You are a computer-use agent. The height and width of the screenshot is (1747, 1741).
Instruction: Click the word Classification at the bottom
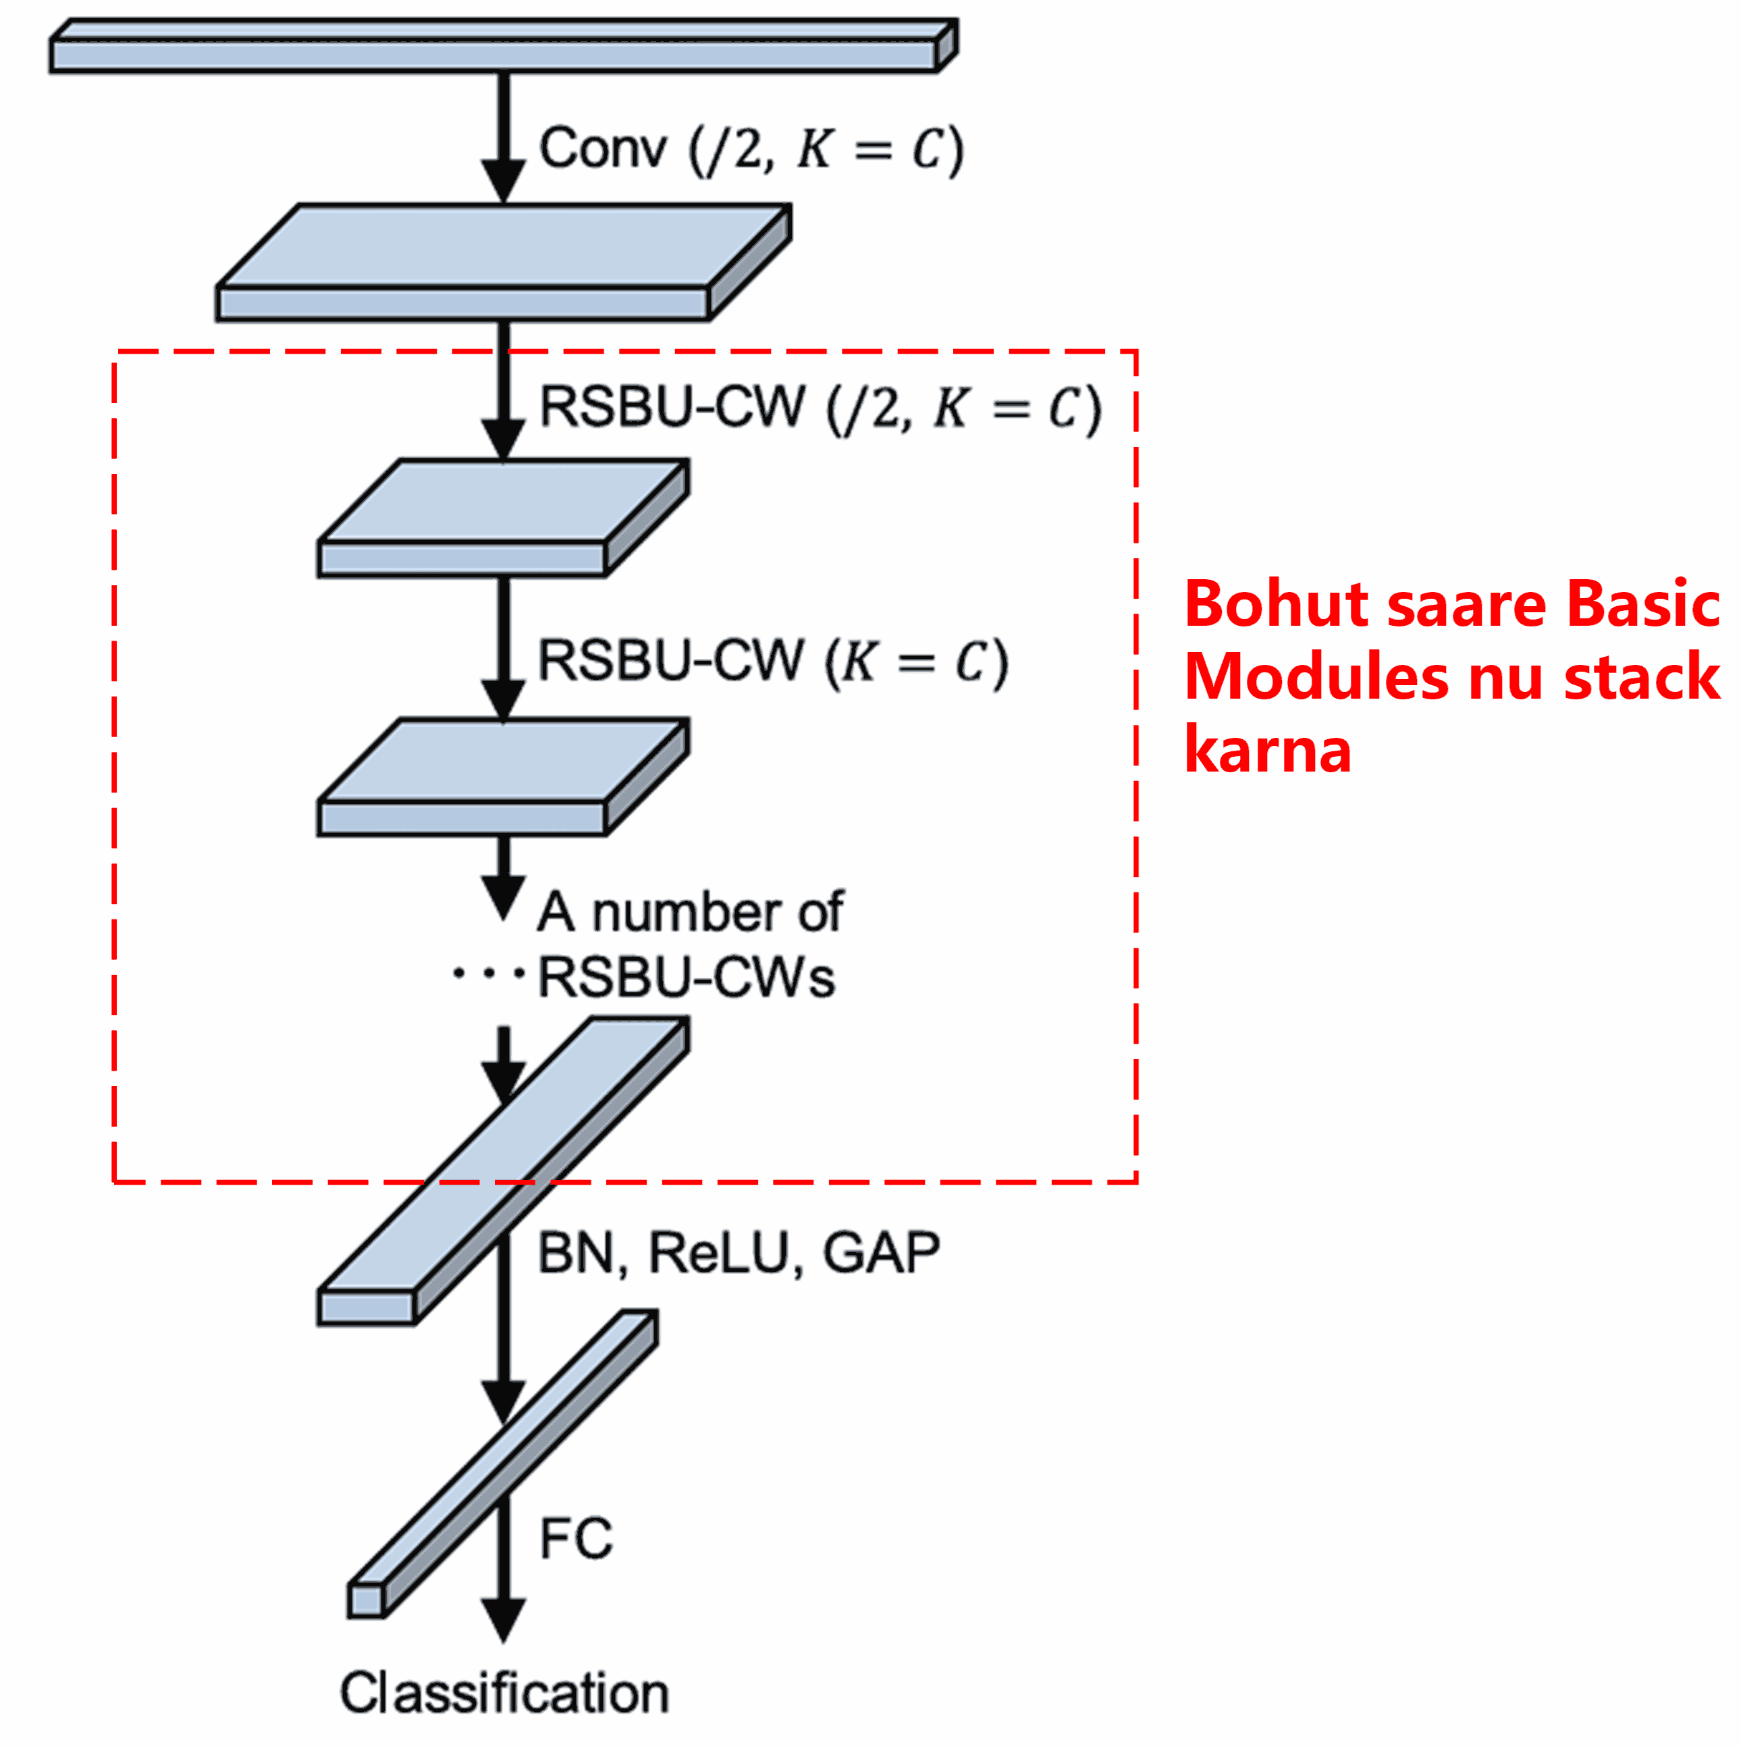tap(504, 1693)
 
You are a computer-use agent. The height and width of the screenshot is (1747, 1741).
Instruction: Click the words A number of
tap(690, 911)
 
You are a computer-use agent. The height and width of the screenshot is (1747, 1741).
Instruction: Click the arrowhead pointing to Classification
tap(503, 1619)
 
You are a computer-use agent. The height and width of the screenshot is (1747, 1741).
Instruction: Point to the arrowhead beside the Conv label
tap(503, 179)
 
